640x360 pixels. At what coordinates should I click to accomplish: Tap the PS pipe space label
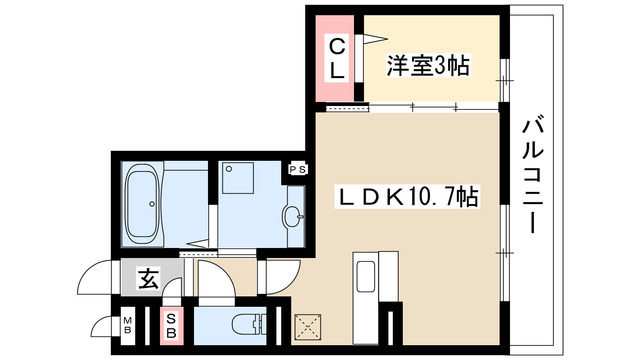[x=297, y=170]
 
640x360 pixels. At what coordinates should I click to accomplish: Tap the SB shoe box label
[x=172, y=325]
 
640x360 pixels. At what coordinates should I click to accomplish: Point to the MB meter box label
[x=128, y=325]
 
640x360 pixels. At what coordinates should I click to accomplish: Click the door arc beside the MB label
[x=103, y=326]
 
